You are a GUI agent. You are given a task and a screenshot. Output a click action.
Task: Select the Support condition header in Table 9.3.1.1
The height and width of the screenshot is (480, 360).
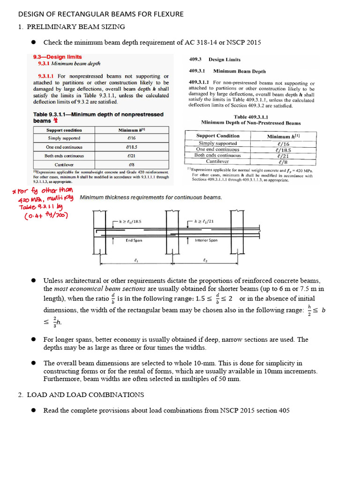[x=64, y=130]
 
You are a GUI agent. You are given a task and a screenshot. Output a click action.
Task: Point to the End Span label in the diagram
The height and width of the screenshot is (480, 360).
[x=134, y=240]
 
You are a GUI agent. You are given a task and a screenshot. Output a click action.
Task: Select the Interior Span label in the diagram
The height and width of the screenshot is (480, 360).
[x=206, y=240]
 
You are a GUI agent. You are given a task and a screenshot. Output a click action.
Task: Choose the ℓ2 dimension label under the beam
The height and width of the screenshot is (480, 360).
[x=205, y=260]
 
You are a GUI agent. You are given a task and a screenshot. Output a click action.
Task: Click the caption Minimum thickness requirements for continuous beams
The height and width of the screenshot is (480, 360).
[x=150, y=198]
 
